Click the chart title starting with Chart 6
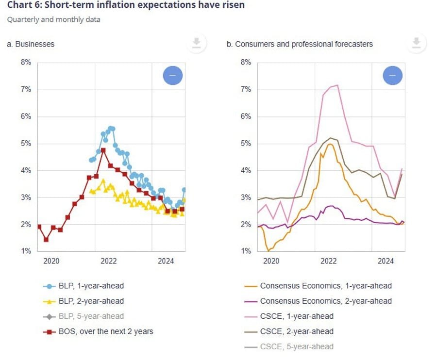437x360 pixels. click(126, 5)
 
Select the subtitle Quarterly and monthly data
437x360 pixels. click(53, 20)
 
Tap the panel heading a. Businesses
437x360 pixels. click(31, 44)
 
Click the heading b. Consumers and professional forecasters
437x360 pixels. click(300, 44)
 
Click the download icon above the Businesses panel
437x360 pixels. click(196, 44)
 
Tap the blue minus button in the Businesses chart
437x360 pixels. click(172, 75)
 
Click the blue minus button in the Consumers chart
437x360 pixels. click(392, 75)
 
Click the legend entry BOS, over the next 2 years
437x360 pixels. click(104, 332)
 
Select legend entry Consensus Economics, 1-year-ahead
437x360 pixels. click(325, 286)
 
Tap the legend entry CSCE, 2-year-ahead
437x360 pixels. click(297, 332)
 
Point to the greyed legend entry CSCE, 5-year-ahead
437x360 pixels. click(297, 347)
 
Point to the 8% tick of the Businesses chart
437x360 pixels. click(26, 63)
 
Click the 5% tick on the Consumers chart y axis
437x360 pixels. click(246, 144)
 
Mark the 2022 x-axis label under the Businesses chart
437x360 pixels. click(109, 261)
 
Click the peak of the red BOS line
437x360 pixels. click(103, 150)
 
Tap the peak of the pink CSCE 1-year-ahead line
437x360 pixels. click(337, 85)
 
